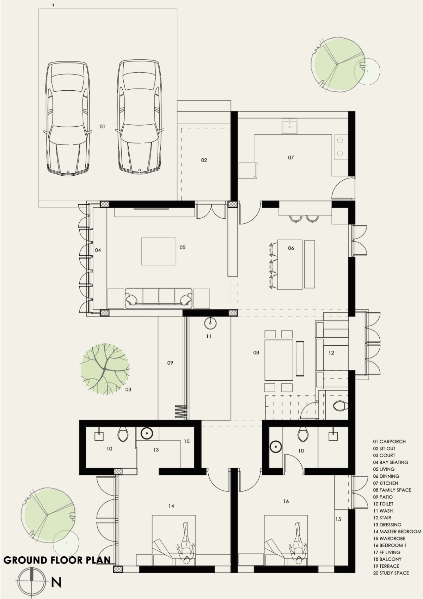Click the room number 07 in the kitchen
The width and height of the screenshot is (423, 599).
click(291, 158)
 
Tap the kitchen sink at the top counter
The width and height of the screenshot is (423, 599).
click(289, 126)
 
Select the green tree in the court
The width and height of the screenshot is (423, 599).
click(105, 369)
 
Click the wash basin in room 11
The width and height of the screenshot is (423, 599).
click(210, 323)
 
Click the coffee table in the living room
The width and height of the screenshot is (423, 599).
click(159, 252)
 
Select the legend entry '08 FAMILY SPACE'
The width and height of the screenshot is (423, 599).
click(392, 490)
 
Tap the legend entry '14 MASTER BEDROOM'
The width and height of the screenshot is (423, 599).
click(397, 532)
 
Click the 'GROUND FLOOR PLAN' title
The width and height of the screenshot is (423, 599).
click(57, 560)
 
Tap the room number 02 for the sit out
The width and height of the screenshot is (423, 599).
click(204, 160)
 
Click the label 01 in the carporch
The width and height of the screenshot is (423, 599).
click(102, 127)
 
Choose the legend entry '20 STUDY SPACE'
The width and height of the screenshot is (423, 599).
click(391, 573)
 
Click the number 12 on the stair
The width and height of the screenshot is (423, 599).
click(331, 353)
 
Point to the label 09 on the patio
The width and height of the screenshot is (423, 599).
click(170, 363)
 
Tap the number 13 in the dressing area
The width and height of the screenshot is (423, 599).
click(156, 450)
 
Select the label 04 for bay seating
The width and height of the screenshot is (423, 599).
click(98, 250)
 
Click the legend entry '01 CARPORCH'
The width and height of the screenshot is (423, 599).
click(389, 442)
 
